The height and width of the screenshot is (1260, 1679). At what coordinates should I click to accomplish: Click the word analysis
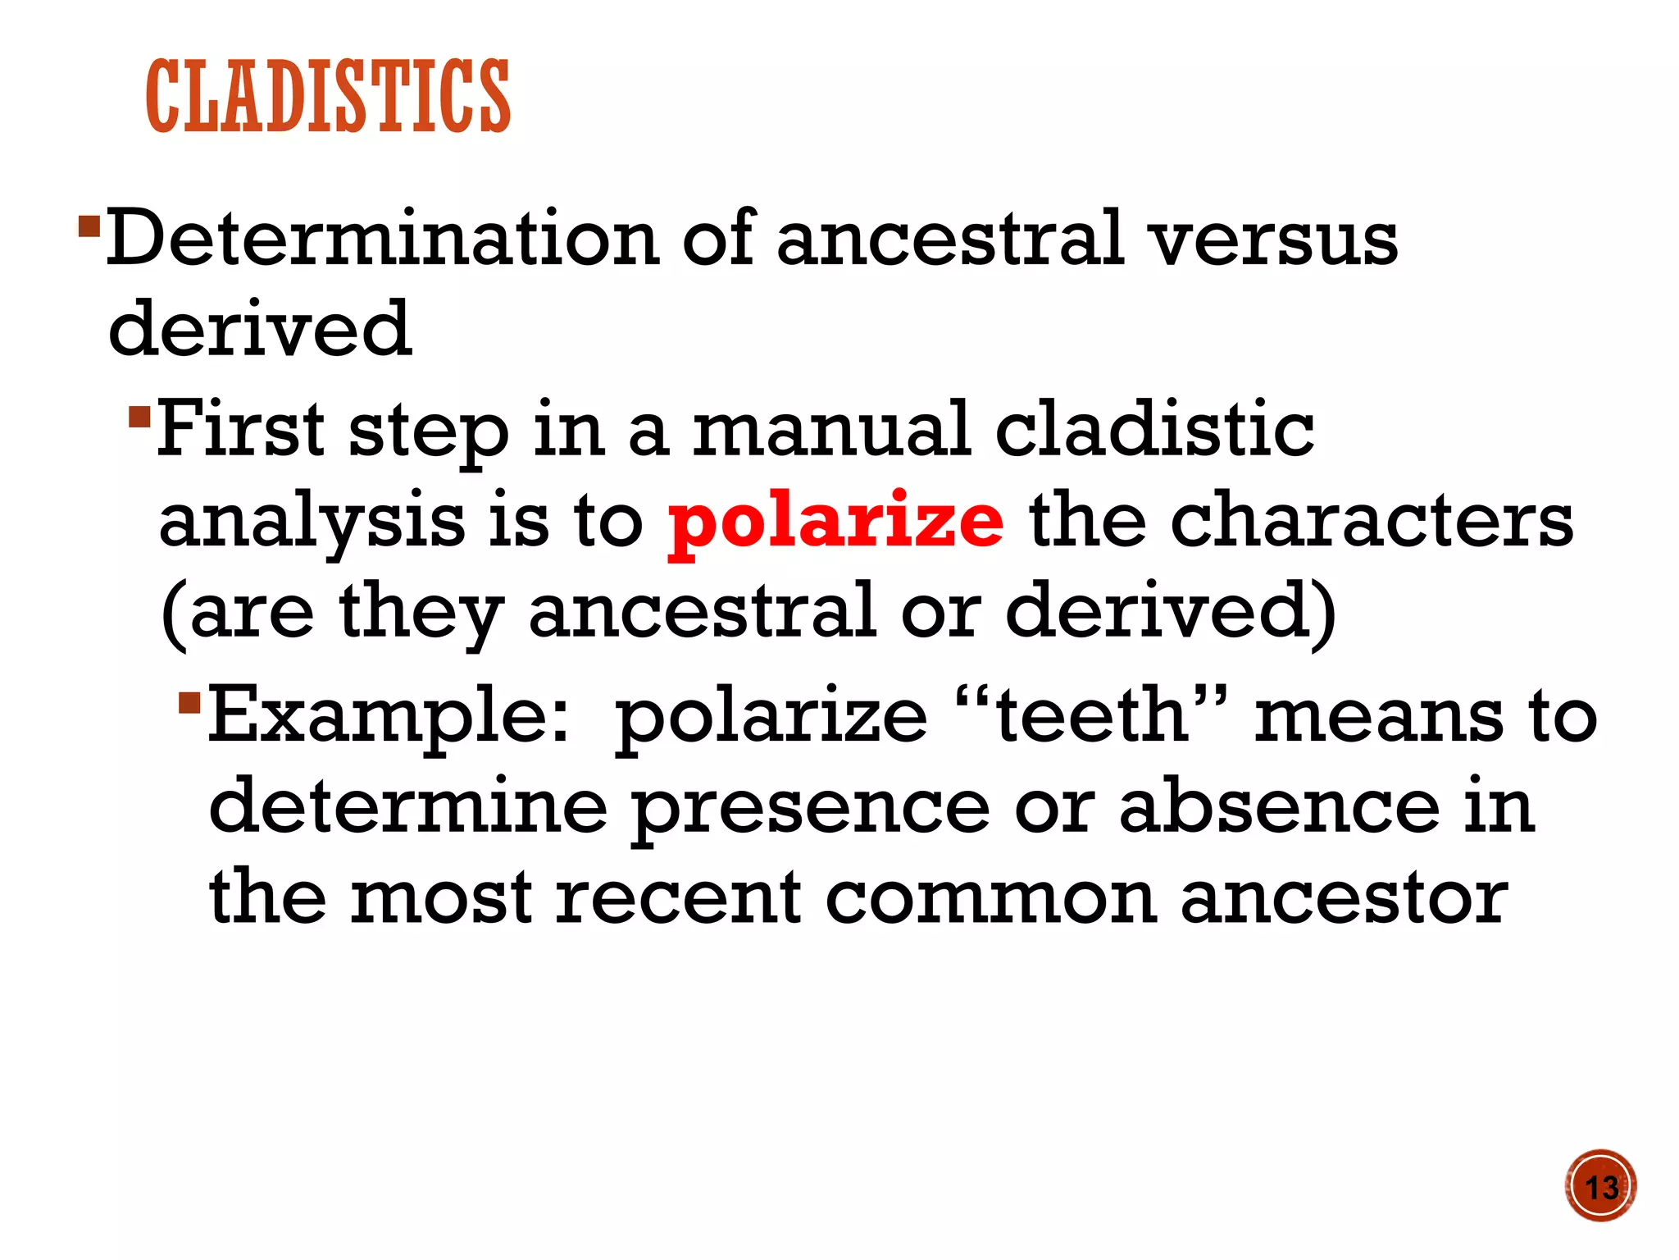coord(312,522)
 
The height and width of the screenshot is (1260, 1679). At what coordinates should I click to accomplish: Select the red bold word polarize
coord(835,522)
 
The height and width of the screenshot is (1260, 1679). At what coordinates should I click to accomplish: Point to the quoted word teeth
coord(1091,714)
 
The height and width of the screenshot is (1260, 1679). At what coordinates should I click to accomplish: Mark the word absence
coord(1279,807)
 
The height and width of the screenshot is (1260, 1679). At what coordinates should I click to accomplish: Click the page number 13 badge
coord(1599,1186)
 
